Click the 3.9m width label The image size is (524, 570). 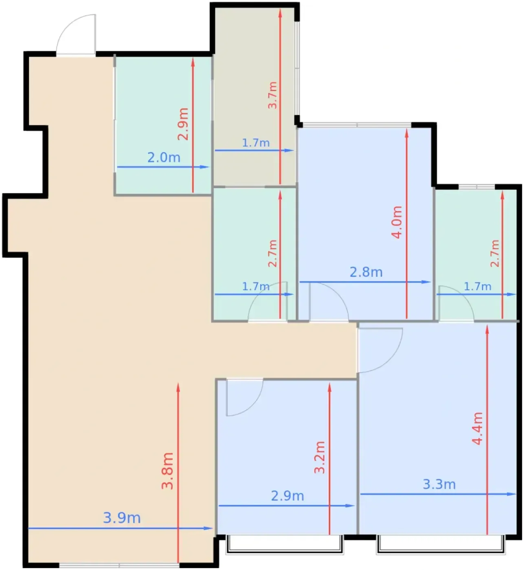pos(122,518)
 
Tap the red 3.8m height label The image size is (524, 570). pos(167,471)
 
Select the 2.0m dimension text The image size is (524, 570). pos(164,158)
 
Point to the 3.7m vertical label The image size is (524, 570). pos(272,95)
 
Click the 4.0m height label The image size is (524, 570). pos(397,222)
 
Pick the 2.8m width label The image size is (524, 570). pos(366,272)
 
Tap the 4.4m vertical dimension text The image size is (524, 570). pos(478,428)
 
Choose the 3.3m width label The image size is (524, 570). pos(439,484)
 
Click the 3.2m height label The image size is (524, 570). pos(320,458)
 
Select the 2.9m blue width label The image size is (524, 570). pos(288,496)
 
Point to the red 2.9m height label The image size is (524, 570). pos(183,124)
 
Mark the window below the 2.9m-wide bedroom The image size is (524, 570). pos(285,544)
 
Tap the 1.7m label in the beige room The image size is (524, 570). pos(256,142)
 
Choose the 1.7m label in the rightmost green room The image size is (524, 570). pos(478,286)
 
